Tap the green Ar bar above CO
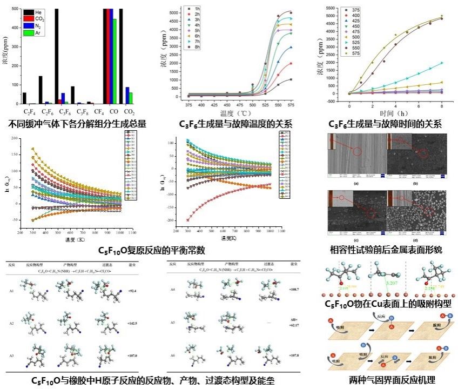tap(114, 61)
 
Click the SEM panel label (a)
tap(356, 184)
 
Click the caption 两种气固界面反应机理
tap(392, 380)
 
